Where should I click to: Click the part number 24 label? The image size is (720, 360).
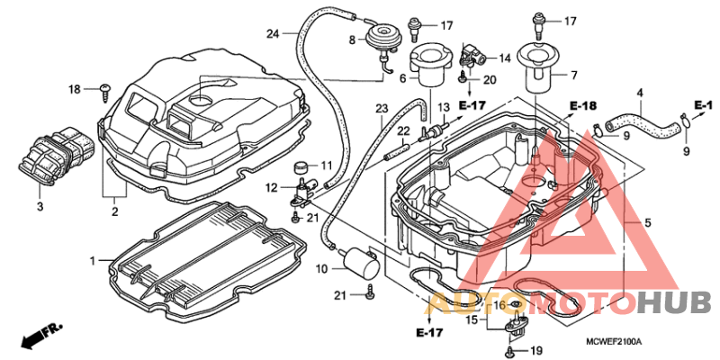273,34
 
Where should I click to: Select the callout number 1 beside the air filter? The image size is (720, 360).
92,260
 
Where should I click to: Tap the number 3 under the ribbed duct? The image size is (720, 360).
40,207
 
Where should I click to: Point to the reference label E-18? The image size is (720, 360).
583,106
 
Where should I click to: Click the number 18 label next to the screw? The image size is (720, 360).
76,88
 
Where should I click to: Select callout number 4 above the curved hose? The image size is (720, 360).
640,93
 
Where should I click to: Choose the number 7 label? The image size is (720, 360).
573,75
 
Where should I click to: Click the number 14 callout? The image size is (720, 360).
505,58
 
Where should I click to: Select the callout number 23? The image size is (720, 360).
382,109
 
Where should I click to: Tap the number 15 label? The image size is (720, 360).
472,319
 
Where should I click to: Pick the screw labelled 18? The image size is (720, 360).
106,89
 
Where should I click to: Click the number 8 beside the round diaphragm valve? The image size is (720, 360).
353,40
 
